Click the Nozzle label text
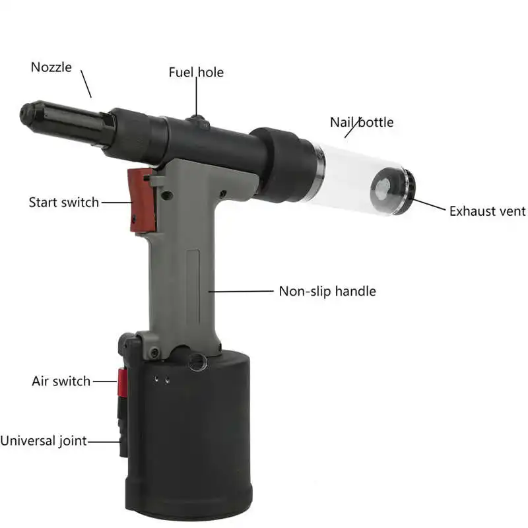tap(51, 67)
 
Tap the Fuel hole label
tap(196, 72)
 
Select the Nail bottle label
tap(362, 122)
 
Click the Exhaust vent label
tap(487, 211)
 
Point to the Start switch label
tap(63, 202)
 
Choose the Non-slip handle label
tap(327, 290)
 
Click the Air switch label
tap(61, 381)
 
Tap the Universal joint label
tap(44, 440)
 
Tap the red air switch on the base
tap(122, 383)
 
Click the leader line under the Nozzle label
tap(86, 86)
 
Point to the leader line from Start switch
tap(115, 202)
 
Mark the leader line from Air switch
tap(105, 381)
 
